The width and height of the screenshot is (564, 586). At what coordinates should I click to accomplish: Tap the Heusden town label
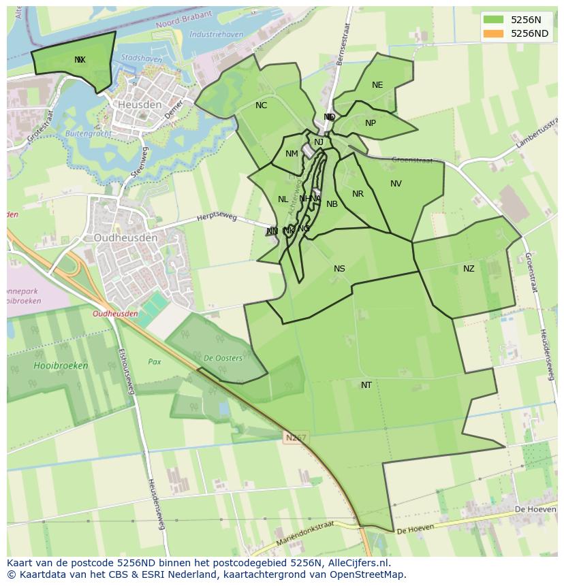click(x=140, y=105)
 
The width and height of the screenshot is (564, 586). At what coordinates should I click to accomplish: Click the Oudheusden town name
click(x=125, y=238)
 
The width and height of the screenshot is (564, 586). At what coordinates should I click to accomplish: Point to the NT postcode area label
click(x=366, y=385)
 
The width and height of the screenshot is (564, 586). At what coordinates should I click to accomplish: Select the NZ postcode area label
click(x=469, y=269)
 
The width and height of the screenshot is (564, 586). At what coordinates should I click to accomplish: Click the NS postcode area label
click(x=339, y=269)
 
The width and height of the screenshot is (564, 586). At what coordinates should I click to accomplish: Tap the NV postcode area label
click(x=396, y=184)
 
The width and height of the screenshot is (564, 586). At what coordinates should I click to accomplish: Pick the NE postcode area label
click(x=377, y=85)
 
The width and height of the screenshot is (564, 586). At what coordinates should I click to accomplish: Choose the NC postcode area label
click(x=262, y=105)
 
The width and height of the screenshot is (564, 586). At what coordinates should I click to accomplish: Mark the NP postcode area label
click(x=371, y=123)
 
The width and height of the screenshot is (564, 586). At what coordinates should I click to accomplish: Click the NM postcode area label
click(x=292, y=154)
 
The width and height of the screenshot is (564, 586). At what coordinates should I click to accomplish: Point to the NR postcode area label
click(x=358, y=194)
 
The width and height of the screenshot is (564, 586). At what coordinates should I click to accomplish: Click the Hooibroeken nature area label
click(x=61, y=365)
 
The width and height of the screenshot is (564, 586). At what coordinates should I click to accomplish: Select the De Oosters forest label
click(x=222, y=358)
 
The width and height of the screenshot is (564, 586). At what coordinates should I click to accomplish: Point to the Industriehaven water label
click(x=216, y=34)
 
